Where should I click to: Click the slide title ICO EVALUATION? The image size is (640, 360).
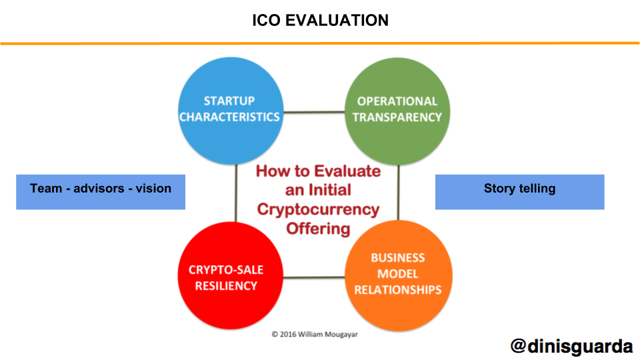[321, 20]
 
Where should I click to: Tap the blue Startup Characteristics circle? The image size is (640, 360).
[231, 111]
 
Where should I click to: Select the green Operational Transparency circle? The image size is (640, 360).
[397, 111]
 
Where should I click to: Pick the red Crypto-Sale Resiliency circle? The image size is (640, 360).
[231, 275]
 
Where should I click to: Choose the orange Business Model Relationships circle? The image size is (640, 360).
[399, 275]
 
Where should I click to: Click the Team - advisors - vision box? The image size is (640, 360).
[101, 192]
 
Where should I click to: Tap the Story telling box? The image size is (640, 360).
[519, 192]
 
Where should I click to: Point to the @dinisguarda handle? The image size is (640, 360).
[571, 346]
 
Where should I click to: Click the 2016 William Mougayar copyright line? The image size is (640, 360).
[315, 334]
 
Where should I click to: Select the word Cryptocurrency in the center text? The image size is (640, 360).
[319, 209]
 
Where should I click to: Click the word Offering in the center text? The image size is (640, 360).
[319, 229]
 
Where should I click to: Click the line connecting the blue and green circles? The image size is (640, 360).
[314, 112]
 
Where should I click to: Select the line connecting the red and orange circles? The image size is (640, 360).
[314, 277]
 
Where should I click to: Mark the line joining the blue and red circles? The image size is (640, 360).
[236, 193]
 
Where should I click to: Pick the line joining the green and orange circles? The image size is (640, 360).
[399, 193]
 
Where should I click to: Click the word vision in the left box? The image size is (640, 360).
[153, 188]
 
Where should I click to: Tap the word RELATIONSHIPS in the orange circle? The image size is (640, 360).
[398, 290]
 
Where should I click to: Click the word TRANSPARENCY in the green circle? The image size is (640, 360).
[397, 117]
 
